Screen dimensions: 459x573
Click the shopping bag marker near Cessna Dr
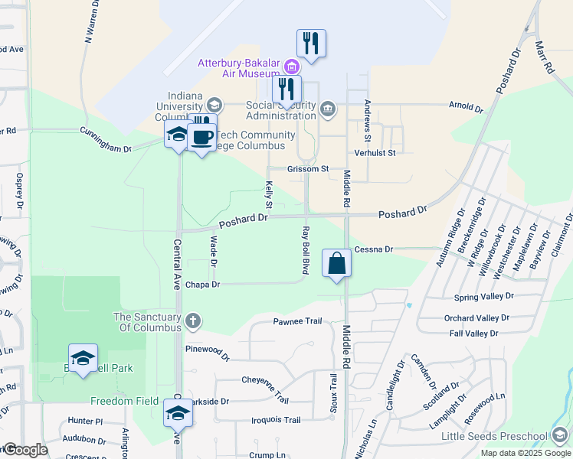[336, 265]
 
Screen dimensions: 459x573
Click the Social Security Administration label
[280, 110]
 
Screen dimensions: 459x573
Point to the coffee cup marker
[201, 138]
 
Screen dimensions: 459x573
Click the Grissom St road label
[307, 168]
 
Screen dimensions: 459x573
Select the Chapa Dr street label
[204, 285]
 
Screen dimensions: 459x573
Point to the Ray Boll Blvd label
[305, 251]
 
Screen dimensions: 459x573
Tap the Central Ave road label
[177, 265]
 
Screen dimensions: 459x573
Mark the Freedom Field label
[123, 401]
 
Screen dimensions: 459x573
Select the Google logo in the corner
[25, 450]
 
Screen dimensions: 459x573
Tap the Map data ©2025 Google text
[525, 453]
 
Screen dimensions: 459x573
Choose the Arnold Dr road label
[466, 106]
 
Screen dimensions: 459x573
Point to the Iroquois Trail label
[276, 420]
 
